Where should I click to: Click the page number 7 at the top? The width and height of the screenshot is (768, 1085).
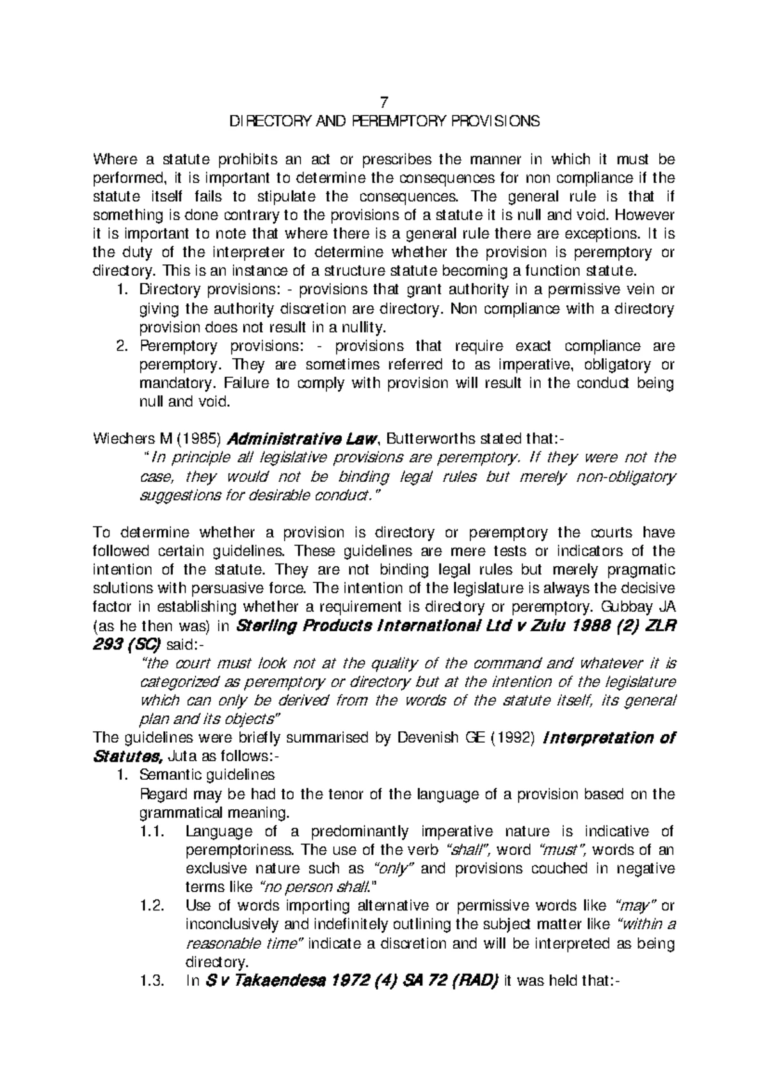coord(384,102)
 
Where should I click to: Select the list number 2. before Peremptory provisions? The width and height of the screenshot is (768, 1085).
coord(122,346)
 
